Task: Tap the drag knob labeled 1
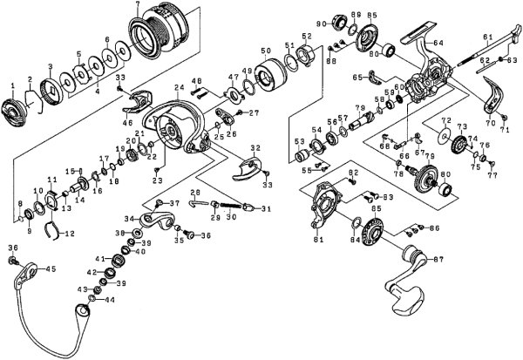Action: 14,112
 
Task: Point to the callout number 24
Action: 177,87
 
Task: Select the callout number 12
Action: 70,234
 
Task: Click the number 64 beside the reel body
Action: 438,43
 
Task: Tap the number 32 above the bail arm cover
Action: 255,149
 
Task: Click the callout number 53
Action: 299,139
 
